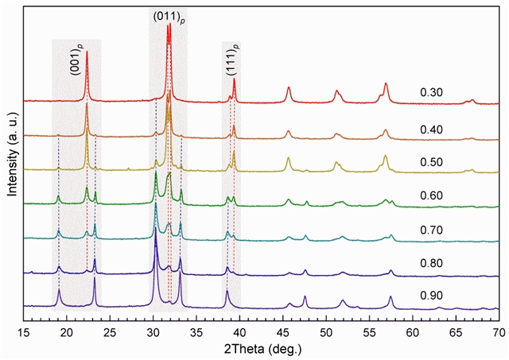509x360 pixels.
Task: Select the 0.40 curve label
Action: [431, 130]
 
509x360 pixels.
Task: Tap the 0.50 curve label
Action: [431, 162]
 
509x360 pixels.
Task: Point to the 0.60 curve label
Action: [431, 195]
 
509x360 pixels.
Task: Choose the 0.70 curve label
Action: [431, 230]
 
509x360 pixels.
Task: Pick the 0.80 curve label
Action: [431, 263]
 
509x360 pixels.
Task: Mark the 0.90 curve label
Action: [431, 296]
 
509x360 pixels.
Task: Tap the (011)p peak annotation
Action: [168, 15]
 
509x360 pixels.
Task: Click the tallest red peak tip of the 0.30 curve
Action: [167, 26]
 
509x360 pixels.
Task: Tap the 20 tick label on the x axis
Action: [67, 327]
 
